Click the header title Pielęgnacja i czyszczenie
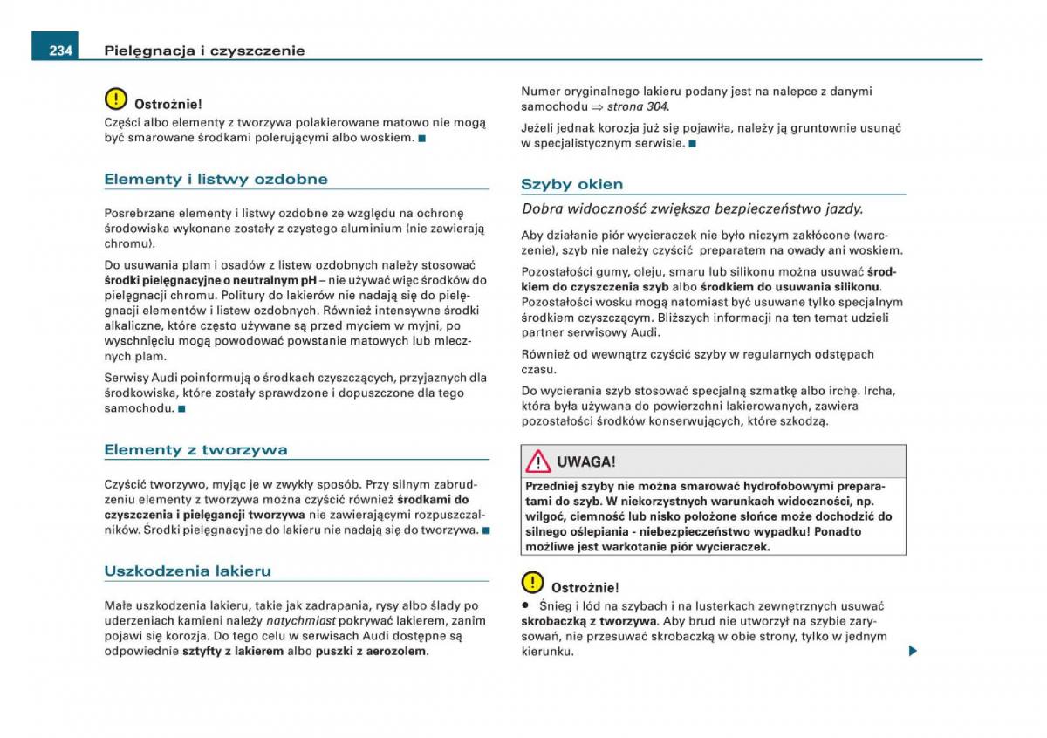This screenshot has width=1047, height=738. pos(204,51)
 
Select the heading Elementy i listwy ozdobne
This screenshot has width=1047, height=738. pos(216,179)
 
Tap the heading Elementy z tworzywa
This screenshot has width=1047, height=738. pos(195,450)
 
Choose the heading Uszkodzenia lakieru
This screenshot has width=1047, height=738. pos(188,571)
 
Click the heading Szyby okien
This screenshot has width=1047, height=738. pos(571,184)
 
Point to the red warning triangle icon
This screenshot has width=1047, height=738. pos(538,461)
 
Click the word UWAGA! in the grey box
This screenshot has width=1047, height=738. pos(586,461)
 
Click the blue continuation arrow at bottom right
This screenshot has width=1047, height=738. pos(913,650)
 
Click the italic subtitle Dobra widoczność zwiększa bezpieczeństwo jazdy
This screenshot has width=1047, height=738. pos(692,209)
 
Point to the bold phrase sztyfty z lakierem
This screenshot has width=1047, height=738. pos(233,651)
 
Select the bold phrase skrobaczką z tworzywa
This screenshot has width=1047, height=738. pos(589,621)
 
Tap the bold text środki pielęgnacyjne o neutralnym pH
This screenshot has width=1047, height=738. pos(209,280)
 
